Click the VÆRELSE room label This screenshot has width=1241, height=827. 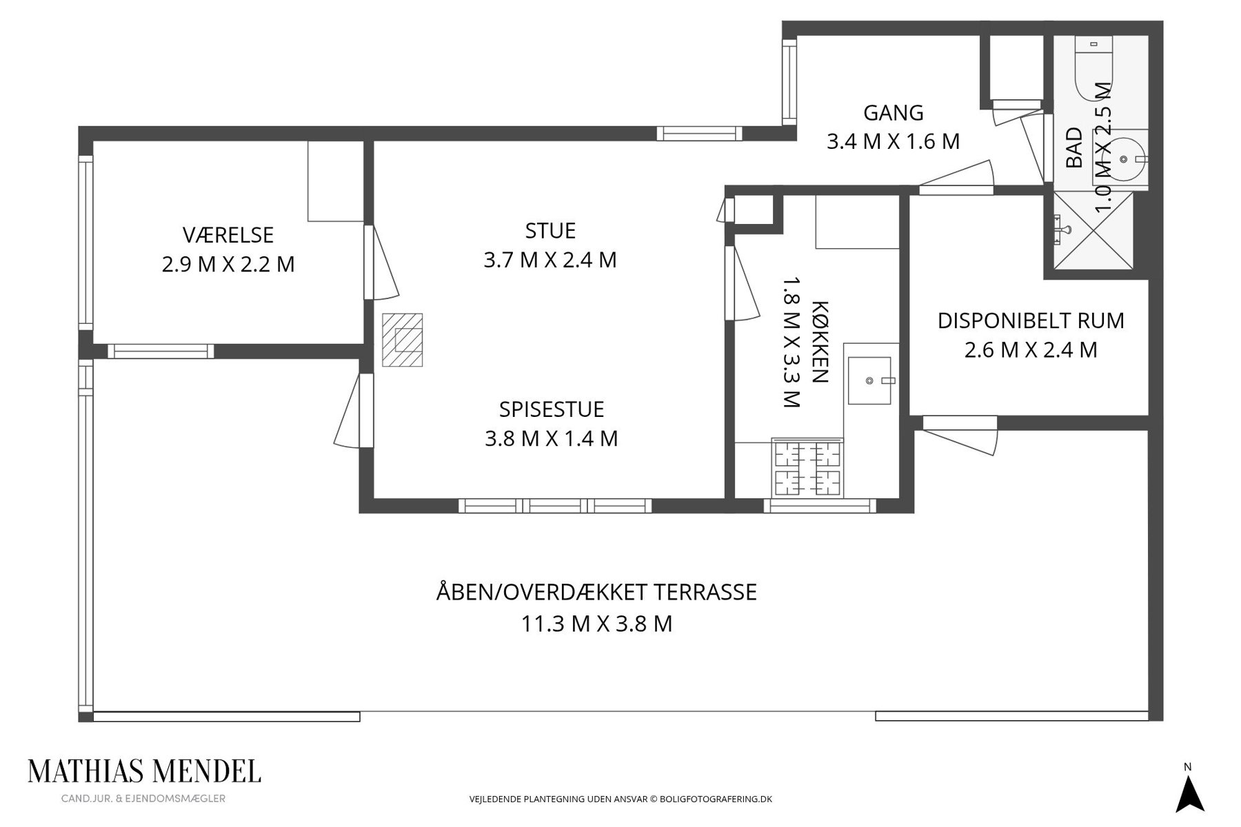tap(228, 235)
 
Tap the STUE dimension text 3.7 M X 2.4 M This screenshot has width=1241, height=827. tap(550, 260)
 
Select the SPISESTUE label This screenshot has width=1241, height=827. tap(552, 409)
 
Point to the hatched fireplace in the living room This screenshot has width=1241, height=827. tap(403, 340)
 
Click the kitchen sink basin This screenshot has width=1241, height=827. tap(869, 380)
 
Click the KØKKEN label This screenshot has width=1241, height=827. tap(819, 343)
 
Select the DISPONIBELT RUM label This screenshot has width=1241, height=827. tap(1031, 320)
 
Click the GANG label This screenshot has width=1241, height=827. tap(894, 112)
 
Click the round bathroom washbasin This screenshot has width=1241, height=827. tap(1124, 159)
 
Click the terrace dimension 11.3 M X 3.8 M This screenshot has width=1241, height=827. tap(596, 624)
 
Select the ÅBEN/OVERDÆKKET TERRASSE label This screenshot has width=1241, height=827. tap(596, 592)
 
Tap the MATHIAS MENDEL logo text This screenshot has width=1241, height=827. tap(144, 771)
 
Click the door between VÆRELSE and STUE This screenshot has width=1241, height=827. tap(381, 263)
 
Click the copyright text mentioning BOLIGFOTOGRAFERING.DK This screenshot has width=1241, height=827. tap(620, 799)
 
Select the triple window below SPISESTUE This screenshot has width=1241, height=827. tap(555, 506)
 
